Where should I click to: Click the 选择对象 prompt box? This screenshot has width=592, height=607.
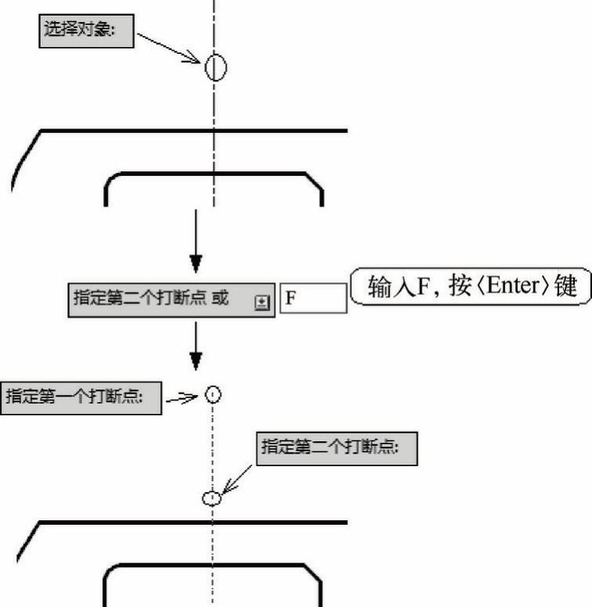click(x=86, y=31)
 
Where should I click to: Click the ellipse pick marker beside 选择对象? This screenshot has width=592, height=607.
click(x=216, y=68)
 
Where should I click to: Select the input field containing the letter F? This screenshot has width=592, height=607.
click(x=313, y=299)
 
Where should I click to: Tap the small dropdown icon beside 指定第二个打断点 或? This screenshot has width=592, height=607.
click(x=262, y=302)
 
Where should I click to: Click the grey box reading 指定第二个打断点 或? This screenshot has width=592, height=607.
click(x=170, y=300)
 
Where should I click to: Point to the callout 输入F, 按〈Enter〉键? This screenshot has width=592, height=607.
click(x=469, y=287)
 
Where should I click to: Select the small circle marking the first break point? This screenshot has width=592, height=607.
click(x=213, y=395)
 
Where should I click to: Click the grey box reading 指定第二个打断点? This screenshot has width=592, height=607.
click(x=337, y=448)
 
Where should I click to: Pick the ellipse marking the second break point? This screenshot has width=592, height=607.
click(x=211, y=497)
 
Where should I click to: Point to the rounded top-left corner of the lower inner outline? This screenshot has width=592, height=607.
click(x=113, y=571)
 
